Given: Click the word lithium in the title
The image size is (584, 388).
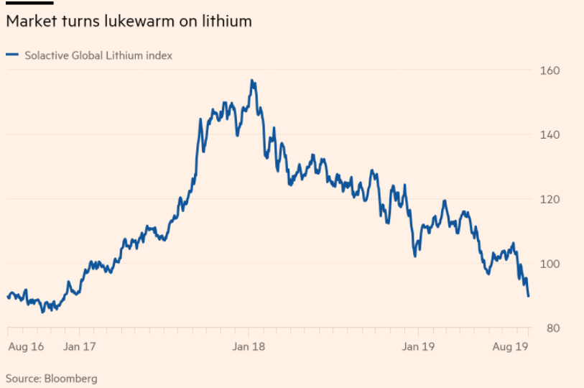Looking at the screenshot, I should (x=227, y=22).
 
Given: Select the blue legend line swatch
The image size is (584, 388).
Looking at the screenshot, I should (x=12, y=55).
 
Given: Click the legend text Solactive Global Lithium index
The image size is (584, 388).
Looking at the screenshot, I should (x=98, y=55).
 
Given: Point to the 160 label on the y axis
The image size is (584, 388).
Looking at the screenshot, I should (x=550, y=70).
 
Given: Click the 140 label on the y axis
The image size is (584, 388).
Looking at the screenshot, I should (x=550, y=135).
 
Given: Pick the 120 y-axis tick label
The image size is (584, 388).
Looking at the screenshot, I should (x=550, y=199).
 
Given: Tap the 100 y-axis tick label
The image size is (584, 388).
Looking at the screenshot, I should (x=550, y=264).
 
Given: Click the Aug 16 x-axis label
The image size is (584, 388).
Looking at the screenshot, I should (x=25, y=347).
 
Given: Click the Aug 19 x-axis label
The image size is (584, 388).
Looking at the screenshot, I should (x=511, y=347).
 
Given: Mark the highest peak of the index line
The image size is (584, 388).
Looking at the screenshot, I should (x=252, y=80).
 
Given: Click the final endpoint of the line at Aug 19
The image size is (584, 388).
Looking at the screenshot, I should (x=529, y=296).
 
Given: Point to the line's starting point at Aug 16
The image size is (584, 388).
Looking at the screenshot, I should (x=7, y=297).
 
